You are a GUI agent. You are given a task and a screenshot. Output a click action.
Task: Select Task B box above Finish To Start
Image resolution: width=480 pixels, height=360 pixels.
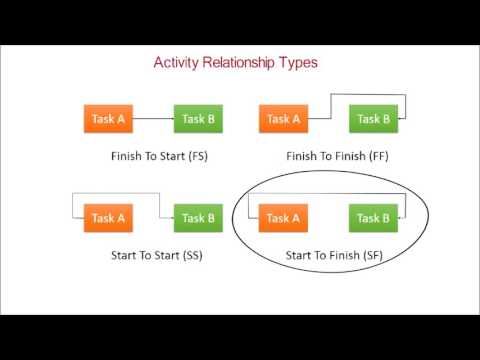pyautogui.click(x=198, y=119)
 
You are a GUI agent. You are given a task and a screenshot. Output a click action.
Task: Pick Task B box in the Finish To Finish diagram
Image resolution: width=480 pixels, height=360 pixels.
pyautogui.click(x=374, y=119)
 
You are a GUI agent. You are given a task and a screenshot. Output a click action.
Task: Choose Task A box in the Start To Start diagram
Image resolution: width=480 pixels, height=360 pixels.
pyautogui.click(x=107, y=218)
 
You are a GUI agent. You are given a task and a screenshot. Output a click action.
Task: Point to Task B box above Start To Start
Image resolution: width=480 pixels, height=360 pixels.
pyautogui.click(x=198, y=218)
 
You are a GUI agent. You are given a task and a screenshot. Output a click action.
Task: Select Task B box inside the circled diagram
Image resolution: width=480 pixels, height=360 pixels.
pyautogui.click(x=374, y=218)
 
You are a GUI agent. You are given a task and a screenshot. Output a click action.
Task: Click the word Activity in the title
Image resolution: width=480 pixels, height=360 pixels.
pyautogui.click(x=178, y=62)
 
